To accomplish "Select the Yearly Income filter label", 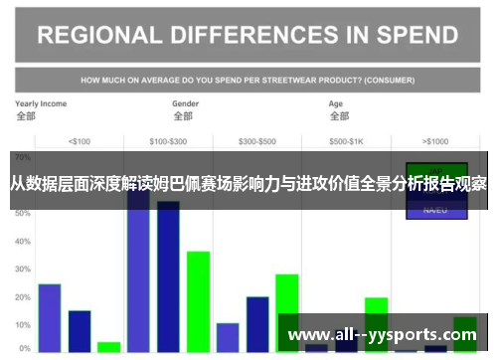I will (41, 103).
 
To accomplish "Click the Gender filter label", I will (185, 103).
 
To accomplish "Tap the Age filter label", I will (337, 103).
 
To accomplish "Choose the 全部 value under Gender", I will (181, 116).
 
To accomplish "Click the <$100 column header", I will (78, 140).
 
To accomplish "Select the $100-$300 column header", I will (167, 140).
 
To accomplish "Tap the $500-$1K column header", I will (346, 140).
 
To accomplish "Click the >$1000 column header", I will (435, 140).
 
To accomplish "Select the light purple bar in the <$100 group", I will (50, 317).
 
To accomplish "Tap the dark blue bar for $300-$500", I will (257, 323).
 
